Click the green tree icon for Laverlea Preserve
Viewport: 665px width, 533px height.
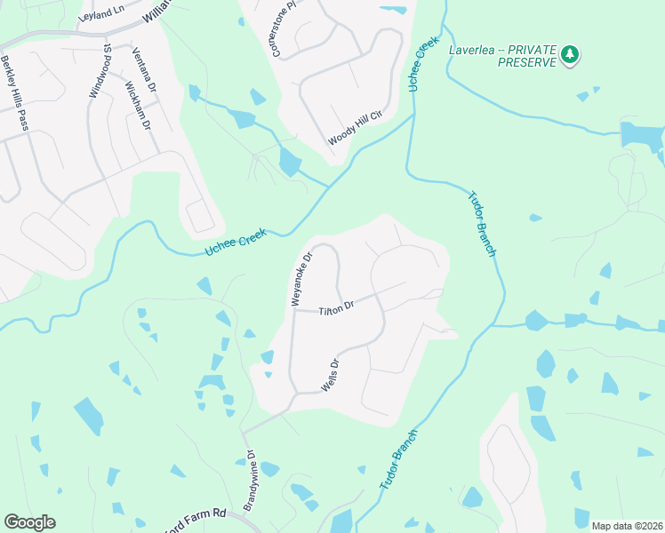570,55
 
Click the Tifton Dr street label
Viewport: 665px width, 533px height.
337,307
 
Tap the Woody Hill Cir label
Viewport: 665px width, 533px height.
354,128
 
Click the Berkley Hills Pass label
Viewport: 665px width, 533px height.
15,92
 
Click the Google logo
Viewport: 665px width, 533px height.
29,522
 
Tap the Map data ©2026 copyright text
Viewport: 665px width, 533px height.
627,526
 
